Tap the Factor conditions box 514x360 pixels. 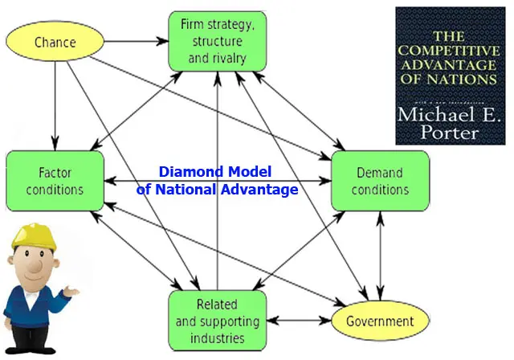[55, 181]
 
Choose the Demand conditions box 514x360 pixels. [380, 181]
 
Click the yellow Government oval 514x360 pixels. [380, 321]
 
